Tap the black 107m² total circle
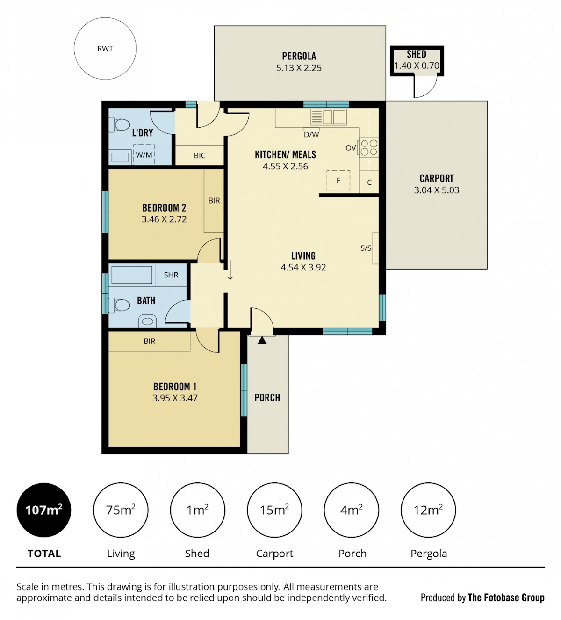point(44,510)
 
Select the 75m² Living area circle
point(121,510)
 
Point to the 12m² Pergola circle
point(428,510)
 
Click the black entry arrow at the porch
point(262,340)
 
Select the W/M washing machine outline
point(144,154)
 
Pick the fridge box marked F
point(338,180)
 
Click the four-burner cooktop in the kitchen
point(369,148)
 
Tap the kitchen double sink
point(329,117)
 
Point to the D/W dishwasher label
point(311,135)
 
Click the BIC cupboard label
point(200,155)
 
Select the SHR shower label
point(171,275)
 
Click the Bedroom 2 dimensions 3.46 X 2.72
point(164,219)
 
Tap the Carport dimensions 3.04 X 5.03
point(437,190)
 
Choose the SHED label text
point(417,54)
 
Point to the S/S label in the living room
point(366,248)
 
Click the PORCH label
point(267,397)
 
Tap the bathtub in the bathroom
point(132,275)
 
